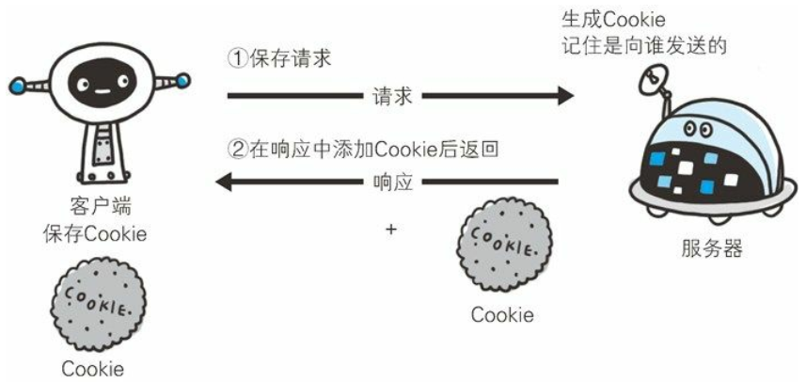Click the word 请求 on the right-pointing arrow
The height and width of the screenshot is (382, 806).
pos(392,95)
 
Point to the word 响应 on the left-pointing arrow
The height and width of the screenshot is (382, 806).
pos(392,181)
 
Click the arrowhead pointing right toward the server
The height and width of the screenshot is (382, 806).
pos(564,95)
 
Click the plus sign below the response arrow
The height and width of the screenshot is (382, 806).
pos(390,228)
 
